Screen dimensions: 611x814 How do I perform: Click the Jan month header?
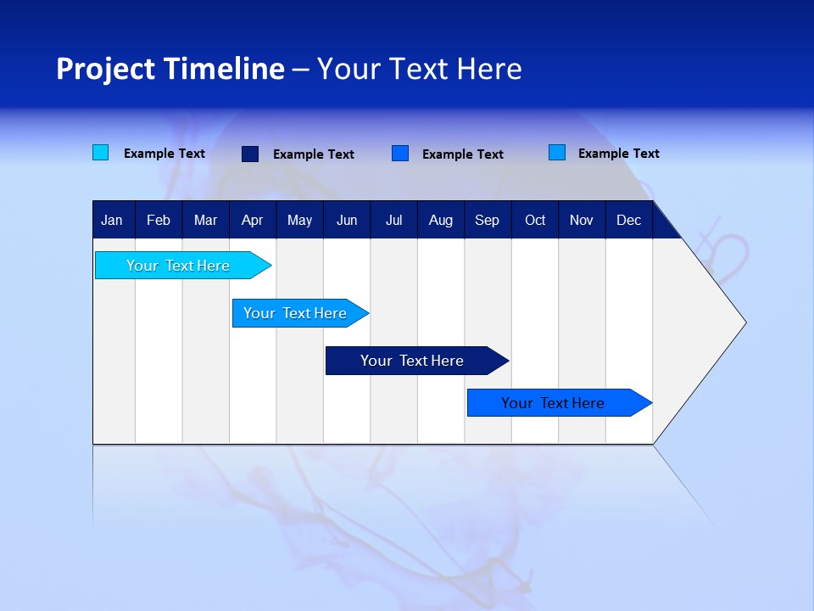112,221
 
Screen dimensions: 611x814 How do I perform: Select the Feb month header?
159,221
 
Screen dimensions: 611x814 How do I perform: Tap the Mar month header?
205,221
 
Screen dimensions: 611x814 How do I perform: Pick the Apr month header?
252,221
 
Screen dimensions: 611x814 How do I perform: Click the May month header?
299,221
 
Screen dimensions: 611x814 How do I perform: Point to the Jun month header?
347,221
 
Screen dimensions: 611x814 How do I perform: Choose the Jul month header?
393,221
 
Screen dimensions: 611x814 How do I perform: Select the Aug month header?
440,221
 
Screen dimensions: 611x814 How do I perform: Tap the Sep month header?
487,221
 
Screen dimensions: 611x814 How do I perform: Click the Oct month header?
535,221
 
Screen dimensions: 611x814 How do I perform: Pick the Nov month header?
582,221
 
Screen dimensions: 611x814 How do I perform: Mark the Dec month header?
628,221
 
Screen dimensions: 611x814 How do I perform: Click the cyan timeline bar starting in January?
178,266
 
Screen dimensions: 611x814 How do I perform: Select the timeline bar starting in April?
295,313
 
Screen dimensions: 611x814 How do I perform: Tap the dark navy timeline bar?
412,361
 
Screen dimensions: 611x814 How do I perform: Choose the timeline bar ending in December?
553,403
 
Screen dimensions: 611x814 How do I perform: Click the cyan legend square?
101,153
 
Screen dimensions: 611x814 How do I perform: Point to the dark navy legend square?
250,154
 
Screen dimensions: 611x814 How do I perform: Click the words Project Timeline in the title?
170,69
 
